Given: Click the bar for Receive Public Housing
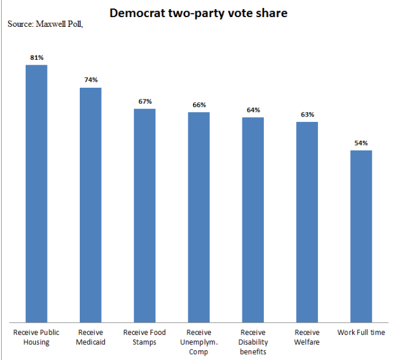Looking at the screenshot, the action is (x=37, y=194).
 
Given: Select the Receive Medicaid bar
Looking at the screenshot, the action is (x=91, y=205).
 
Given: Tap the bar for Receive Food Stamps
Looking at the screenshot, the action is (x=145, y=216).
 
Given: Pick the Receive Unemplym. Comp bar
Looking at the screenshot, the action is (x=199, y=217).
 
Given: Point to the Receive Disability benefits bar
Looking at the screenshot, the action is (x=253, y=220).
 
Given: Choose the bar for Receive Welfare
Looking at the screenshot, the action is (x=307, y=222).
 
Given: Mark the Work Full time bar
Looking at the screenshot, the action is (x=361, y=236).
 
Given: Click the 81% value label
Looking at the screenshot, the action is (x=37, y=57).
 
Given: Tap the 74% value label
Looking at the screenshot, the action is (x=91, y=80).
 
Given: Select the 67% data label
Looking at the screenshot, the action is (x=145, y=102).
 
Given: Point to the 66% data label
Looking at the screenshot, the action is (x=199, y=105).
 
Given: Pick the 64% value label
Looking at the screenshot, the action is (x=253, y=110).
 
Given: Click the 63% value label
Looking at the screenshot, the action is (x=307, y=115).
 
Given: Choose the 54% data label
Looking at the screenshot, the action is (x=361, y=143).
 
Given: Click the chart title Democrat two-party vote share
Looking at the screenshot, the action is (x=199, y=13).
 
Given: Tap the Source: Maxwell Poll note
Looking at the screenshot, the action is (x=45, y=24).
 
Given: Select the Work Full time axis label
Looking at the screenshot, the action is (x=361, y=332).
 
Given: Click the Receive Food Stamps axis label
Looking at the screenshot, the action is (x=144, y=337).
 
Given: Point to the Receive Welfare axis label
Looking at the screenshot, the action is (x=307, y=337).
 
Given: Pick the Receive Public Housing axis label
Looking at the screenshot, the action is (x=37, y=337).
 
